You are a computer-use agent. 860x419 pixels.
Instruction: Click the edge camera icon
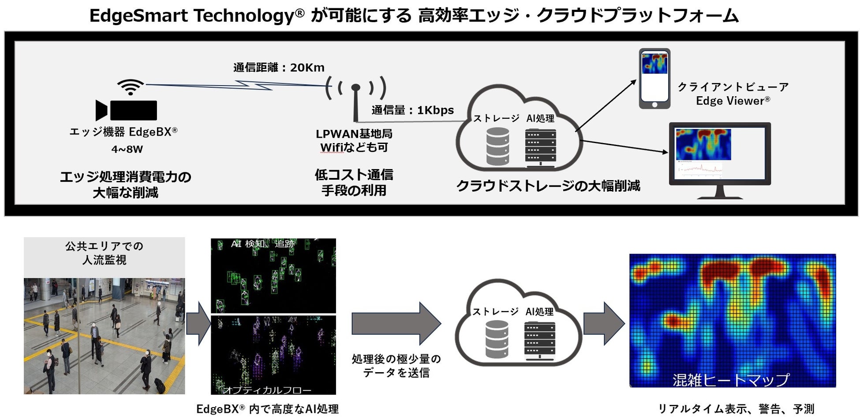(127, 110)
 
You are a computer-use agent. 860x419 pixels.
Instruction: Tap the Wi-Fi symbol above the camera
(131, 87)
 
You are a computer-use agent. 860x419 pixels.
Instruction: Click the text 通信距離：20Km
(279, 68)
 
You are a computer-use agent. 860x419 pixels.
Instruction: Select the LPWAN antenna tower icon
(355, 99)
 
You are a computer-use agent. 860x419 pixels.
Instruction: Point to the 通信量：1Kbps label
(412, 110)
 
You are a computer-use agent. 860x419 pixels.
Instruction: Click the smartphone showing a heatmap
(654, 79)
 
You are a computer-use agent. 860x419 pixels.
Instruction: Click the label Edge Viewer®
(733, 101)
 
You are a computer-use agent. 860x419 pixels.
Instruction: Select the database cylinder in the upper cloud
(497, 146)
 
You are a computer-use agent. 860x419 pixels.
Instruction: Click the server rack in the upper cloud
(540, 147)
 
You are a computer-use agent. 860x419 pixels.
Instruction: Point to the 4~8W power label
(127, 149)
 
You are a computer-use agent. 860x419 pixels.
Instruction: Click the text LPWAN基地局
(354, 134)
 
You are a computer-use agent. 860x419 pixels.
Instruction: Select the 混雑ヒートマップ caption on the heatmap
(730, 380)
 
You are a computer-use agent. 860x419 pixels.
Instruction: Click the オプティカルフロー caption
(267, 390)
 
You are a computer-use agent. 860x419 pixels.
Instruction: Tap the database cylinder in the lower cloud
(497, 339)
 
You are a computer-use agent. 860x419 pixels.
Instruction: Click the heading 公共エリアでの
(105, 246)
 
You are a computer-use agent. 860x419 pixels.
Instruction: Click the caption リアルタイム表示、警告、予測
(736, 409)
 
